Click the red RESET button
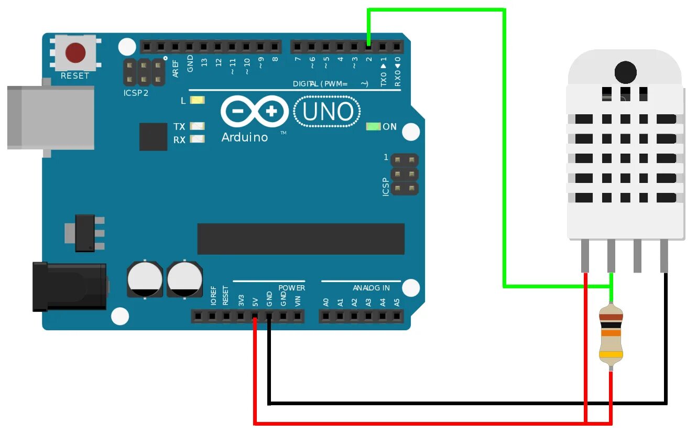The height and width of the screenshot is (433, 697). coord(75,52)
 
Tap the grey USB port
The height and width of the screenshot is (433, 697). coord(50,118)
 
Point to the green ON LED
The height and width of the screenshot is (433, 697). coord(373,126)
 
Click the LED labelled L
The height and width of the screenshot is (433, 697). coord(197,101)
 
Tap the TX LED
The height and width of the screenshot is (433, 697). coord(197,126)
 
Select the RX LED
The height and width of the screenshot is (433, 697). coord(197,139)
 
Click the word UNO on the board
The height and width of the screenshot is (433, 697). coord(328,112)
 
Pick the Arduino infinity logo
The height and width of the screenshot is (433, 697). coord(255,112)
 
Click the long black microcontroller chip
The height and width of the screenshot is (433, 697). coord(301,239)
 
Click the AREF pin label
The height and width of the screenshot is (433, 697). coord(176,69)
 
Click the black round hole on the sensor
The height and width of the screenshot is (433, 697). coord(625,72)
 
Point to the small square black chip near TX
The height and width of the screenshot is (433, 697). coord(153,136)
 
